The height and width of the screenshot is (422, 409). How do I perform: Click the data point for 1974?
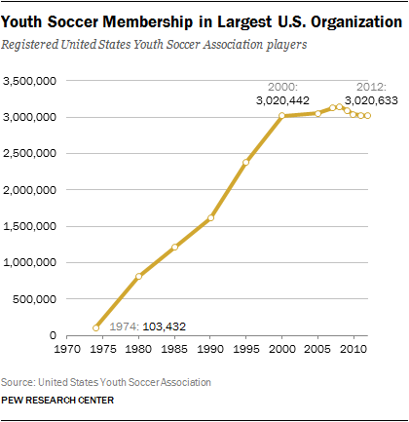click(95, 327)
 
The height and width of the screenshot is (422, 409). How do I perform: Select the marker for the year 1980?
click(139, 277)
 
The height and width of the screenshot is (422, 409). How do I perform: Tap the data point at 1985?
click(174, 247)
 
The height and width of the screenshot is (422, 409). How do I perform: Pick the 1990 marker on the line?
click(210, 217)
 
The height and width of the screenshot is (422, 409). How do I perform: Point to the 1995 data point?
click(246, 162)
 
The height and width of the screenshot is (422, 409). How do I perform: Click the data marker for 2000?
click(282, 115)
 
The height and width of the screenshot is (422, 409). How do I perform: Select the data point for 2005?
click(318, 113)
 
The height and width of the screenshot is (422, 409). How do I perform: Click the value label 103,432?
click(165, 326)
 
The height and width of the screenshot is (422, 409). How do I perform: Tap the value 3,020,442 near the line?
click(282, 100)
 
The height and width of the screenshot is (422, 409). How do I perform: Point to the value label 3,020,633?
click(371, 100)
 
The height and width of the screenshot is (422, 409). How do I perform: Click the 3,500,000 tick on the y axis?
click(30, 81)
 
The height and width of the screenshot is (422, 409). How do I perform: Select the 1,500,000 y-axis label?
click(30, 226)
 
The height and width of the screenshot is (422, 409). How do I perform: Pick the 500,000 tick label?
click(35, 299)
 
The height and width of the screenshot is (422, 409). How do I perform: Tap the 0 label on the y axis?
click(53, 335)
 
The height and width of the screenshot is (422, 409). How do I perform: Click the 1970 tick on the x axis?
click(67, 349)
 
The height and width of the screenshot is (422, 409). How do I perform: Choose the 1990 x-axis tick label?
click(210, 349)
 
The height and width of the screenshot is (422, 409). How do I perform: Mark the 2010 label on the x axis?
click(353, 349)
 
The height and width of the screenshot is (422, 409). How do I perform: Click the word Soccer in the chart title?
click(72, 22)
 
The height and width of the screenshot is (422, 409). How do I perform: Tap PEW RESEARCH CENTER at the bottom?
click(57, 400)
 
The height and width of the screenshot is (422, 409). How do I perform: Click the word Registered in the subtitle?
click(30, 45)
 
